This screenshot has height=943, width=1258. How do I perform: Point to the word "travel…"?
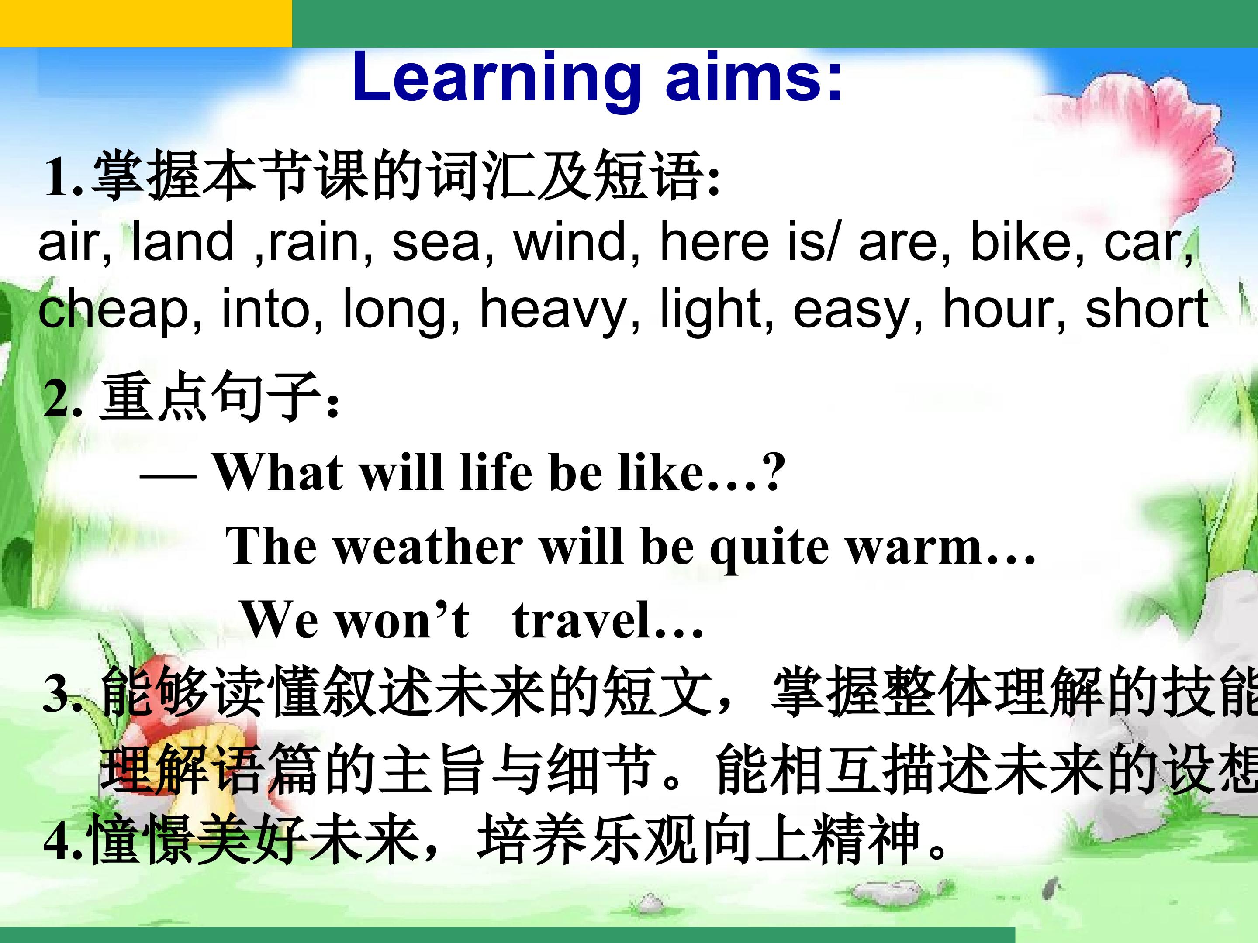608,620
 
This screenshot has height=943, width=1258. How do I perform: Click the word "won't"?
403,620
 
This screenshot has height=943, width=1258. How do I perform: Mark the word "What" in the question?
278,472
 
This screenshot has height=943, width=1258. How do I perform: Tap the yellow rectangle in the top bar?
146,23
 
